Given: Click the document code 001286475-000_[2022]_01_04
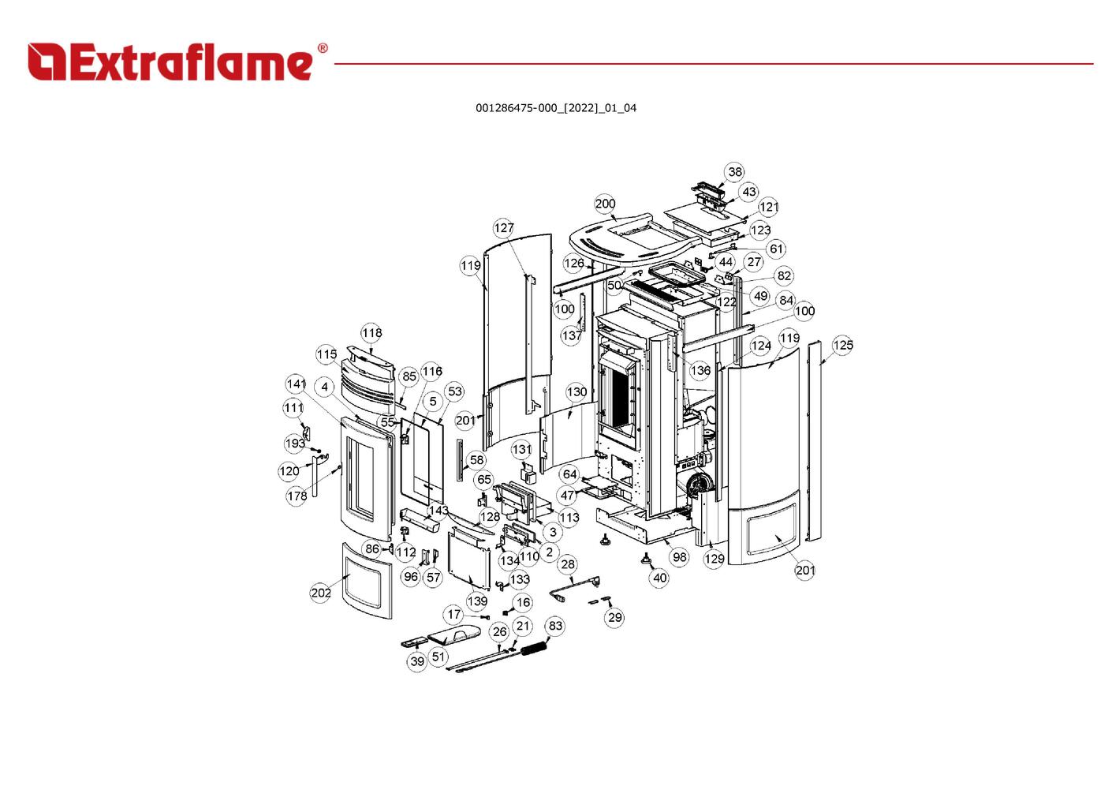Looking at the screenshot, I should tap(555, 108).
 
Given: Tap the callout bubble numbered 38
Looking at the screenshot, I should tap(734, 172).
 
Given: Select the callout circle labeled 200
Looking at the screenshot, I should tap(605, 204).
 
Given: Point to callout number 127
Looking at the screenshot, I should tap(503, 228).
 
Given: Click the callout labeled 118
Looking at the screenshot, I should tap(371, 333).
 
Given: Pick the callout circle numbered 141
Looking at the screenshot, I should tap(296, 384).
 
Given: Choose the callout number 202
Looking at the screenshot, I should tap(320, 593).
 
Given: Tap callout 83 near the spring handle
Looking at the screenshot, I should tap(555, 626).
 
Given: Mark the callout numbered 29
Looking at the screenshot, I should tap(614, 617).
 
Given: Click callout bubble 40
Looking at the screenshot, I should tap(659, 578).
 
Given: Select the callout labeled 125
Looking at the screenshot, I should tap(842, 346).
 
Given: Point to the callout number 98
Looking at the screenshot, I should tap(679, 556).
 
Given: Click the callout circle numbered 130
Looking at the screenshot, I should tap(577, 392).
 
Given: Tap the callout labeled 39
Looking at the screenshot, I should tap(417, 661).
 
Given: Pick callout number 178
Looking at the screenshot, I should tap(297, 496).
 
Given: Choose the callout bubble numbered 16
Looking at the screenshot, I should tap(523, 603).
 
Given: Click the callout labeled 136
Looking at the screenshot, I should tap(700, 370).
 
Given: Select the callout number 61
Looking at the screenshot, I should tap(776, 249).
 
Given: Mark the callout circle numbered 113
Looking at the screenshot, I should tap(569, 518).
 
